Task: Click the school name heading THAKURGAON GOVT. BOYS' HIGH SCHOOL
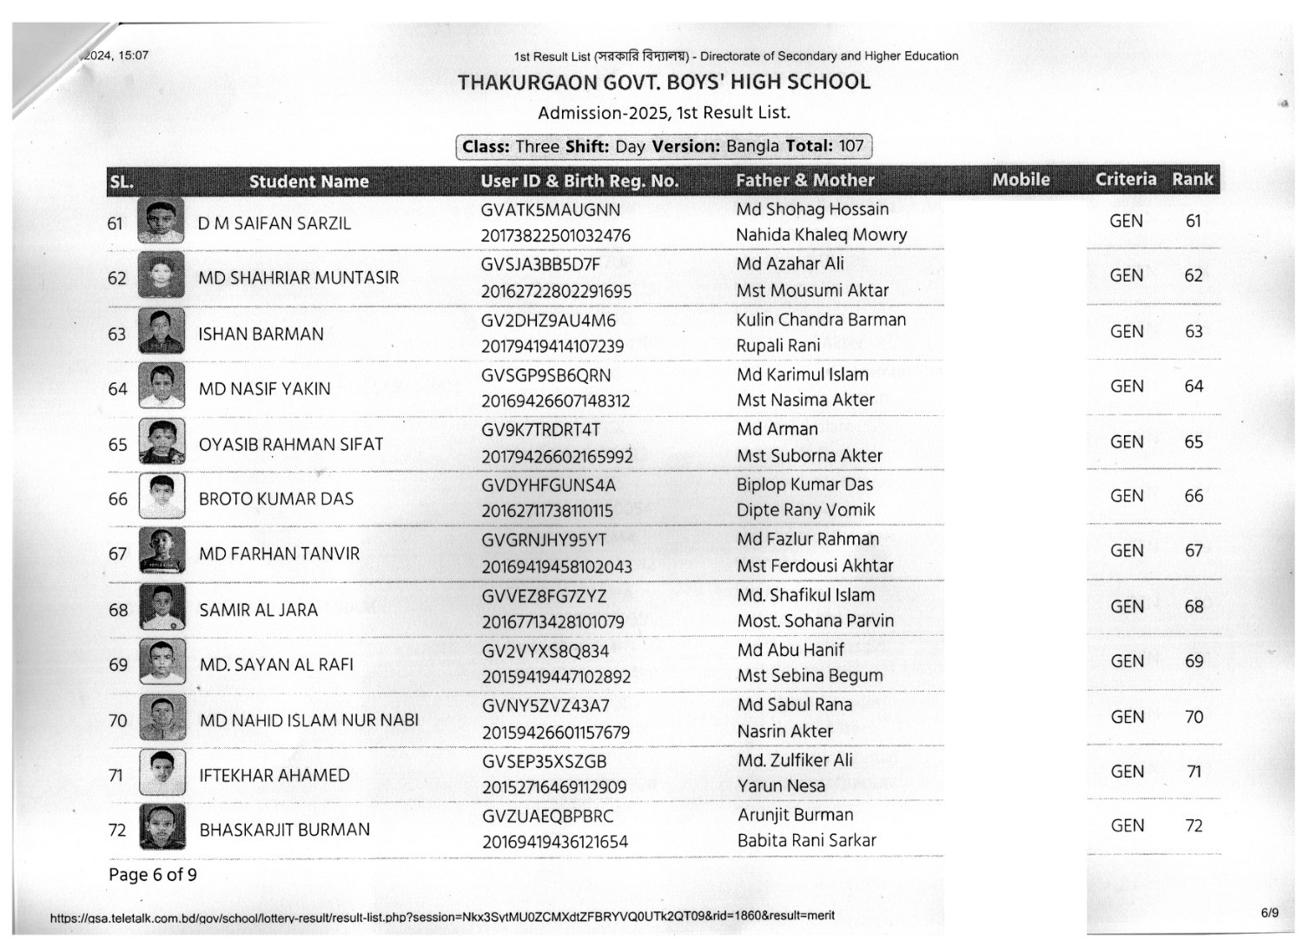tap(664, 83)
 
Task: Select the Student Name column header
tap(308, 182)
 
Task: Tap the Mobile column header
tap(1021, 180)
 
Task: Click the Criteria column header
tap(1125, 179)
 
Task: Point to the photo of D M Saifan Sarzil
tap(161, 222)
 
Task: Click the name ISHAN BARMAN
tap(261, 334)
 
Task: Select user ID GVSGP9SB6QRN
tap(546, 375)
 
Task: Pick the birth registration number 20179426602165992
tap(557, 456)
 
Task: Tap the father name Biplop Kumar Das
tap(804, 484)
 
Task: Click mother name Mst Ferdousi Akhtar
tap(815, 566)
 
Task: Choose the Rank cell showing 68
tap(1194, 606)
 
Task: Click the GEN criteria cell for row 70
tap(1127, 717)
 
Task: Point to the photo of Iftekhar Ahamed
tap(162, 773)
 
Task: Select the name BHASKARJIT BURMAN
tap(284, 830)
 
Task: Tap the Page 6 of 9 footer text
tap(153, 874)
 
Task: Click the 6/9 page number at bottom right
tap(1269, 912)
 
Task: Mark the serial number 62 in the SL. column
tap(117, 278)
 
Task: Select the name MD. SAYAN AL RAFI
tap(276, 665)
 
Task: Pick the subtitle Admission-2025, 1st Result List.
tap(664, 113)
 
